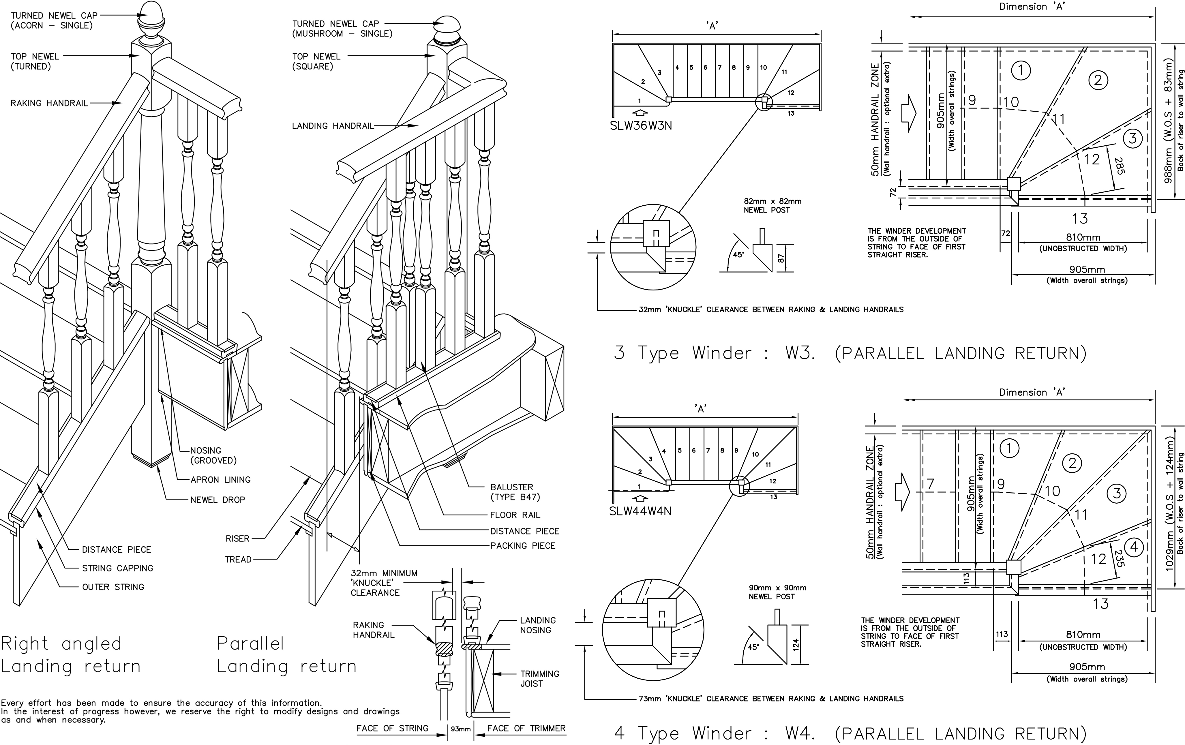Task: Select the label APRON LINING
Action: [220, 480]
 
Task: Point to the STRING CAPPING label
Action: [118, 568]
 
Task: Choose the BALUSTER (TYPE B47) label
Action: [515, 492]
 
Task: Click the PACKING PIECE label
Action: [523, 546]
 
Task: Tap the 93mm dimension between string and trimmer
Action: [461, 729]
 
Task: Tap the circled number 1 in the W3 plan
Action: [1021, 70]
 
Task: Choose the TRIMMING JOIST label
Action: [540, 679]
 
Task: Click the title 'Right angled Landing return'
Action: [71, 654]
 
